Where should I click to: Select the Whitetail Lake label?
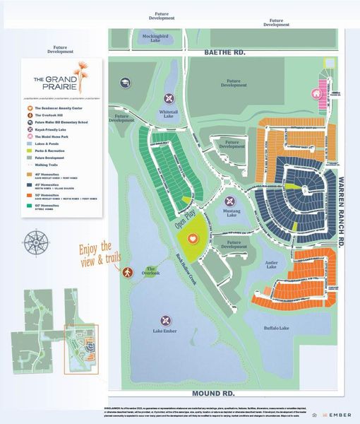167,116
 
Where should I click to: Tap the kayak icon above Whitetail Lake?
168,98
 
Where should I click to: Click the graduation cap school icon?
125,83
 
